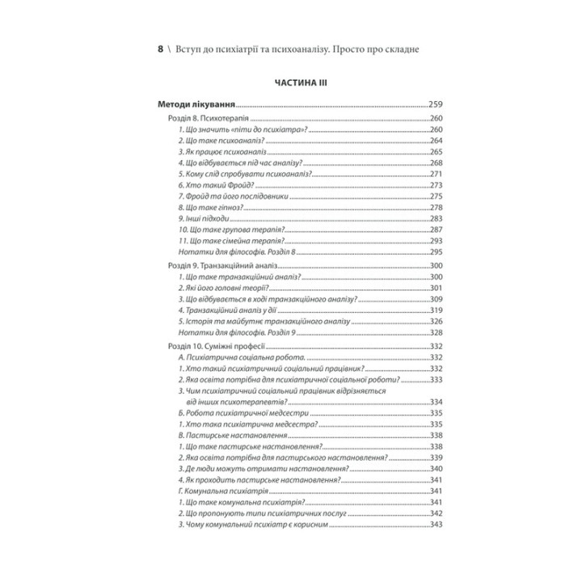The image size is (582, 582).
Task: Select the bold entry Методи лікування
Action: tap(196, 104)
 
